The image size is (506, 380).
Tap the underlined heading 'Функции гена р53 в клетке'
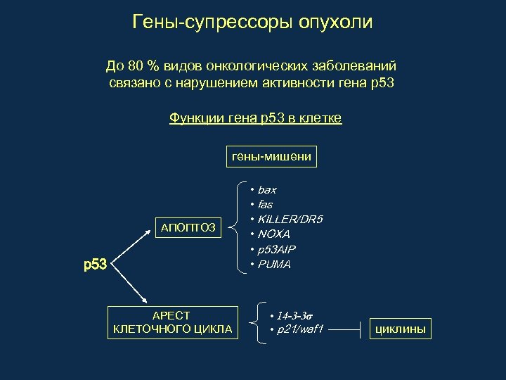click(x=255, y=118)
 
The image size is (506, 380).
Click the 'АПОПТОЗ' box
click(x=188, y=227)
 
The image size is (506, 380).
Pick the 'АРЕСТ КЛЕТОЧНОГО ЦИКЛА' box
click(x=172, y=322)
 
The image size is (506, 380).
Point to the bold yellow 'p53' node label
click(x=95, y=265)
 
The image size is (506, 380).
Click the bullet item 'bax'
click(x=267, y=190)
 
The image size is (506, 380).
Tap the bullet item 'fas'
click(x=265, y=205)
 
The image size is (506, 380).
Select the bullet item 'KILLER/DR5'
click(x=290, y=220)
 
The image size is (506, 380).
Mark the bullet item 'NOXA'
click(x=274, y=234)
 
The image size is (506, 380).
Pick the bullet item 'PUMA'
click(x=274, y=265)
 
